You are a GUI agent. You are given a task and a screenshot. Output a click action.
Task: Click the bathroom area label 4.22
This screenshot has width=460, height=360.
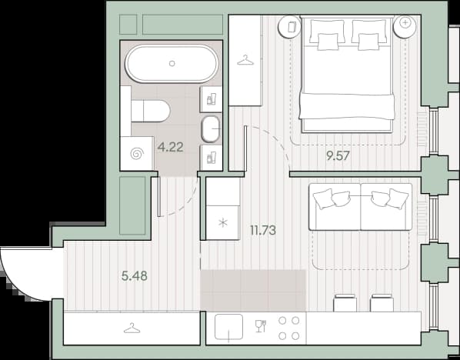[x=171, y=147]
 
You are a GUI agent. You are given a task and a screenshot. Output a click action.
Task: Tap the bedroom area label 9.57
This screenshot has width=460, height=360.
[x=338, y=156]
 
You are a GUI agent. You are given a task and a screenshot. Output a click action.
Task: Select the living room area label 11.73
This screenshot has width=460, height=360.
[x=263, y=230]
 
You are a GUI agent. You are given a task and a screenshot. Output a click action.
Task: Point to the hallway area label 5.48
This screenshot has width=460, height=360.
[x=135, y=276]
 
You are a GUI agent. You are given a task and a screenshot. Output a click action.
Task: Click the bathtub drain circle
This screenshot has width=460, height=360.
[x=172, y=63]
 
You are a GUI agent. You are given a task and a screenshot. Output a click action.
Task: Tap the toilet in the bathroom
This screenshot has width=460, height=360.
[x=151, y=111]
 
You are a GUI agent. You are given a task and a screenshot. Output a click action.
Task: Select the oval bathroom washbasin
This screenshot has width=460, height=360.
[x=211, y=129]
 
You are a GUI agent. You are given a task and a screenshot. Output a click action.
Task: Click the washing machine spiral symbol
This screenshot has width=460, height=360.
[x=137, y=153]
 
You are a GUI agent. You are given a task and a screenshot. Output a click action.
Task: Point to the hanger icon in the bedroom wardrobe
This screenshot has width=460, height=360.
[x=245, y=61]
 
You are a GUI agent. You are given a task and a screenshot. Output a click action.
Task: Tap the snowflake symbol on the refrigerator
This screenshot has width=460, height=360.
[x=223, y=222]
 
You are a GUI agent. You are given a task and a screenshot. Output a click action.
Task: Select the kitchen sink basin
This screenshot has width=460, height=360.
[x=228, y=327]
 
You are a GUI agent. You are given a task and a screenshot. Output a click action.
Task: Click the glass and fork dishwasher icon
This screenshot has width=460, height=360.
[x=261, y=326]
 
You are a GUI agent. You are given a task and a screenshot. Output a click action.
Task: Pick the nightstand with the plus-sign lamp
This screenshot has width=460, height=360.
[x=405, y=27]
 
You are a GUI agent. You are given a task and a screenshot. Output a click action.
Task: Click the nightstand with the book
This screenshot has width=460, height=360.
[x=290, y=27]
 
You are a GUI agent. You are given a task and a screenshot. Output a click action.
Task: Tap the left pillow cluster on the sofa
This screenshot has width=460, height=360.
[x=332, y=199]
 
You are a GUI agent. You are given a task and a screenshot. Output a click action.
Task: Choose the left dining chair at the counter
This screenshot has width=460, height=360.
[x=345, y=302]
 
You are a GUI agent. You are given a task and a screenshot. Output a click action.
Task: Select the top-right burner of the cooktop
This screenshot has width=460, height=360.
[x=295, y=321]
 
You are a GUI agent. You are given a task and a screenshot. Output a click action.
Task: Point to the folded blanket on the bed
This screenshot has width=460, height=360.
[x=347, y=106]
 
